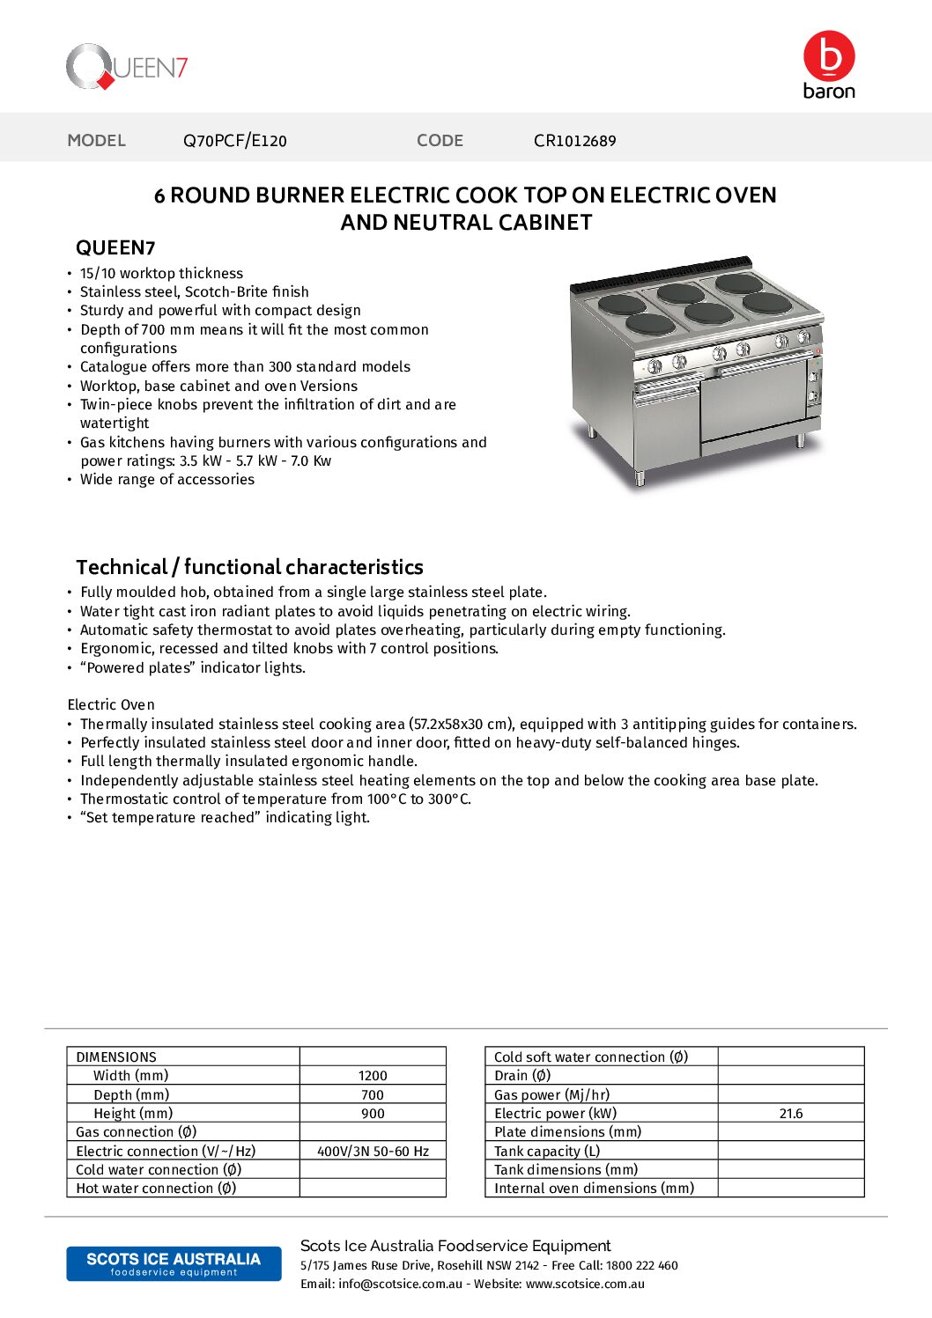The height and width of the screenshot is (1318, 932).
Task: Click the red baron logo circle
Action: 829,56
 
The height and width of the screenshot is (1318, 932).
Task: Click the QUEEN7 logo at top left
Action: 127,68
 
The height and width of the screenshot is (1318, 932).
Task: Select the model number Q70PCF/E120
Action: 234,141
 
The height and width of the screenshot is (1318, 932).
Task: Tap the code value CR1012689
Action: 574,141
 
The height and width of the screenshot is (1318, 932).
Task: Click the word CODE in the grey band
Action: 440,141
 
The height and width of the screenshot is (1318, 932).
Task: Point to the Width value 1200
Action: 373,1076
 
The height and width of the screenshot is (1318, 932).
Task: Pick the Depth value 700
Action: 373,1095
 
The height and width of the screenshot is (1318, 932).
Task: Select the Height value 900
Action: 373,1114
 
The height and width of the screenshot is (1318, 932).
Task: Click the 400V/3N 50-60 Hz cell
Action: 373,1152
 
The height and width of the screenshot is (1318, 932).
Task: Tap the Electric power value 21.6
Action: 791,1114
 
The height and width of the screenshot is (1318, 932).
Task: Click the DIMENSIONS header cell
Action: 116,1057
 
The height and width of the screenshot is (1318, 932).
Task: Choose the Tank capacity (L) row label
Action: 547,1152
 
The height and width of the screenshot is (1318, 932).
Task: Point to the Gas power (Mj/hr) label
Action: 551,1095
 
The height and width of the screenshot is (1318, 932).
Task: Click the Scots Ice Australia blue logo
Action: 174,1263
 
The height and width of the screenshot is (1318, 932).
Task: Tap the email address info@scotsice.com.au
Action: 400,1285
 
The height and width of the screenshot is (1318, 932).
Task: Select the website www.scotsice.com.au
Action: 585,1285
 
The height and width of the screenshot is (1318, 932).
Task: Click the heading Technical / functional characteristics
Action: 249,567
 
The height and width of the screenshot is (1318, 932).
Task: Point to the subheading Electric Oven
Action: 111,705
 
